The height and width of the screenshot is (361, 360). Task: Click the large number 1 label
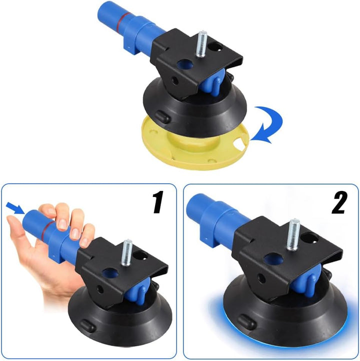158,202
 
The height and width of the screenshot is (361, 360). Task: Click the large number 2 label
339,202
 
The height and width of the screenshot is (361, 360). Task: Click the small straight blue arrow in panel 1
15,207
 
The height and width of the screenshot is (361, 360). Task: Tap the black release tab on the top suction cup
162,116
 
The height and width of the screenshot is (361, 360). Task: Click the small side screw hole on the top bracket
175,81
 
